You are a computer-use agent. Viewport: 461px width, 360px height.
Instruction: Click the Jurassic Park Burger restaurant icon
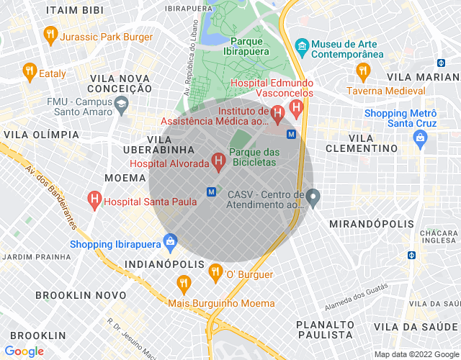[50, 34]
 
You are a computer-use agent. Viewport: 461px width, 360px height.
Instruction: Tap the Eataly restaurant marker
[30, 71]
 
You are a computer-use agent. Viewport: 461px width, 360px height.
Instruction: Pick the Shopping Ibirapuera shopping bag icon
[170, 241]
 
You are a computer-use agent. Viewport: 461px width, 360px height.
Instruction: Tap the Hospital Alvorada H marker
[218, 161]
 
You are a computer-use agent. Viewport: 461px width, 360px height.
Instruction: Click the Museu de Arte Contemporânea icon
[302, 46]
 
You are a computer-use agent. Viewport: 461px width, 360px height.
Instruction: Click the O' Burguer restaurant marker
[215, 271]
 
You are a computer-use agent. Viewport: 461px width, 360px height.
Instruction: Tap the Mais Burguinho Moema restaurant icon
[184, 283]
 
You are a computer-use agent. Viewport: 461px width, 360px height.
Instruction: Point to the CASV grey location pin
[313, 197]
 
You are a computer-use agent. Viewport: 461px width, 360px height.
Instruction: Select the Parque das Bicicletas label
[254, 157]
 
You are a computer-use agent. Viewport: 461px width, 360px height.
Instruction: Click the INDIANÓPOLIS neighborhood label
[160, 264]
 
